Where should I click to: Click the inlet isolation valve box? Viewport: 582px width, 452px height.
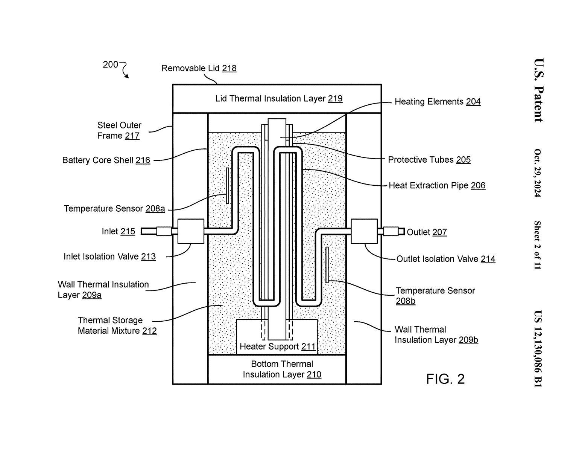(x=191, y=231)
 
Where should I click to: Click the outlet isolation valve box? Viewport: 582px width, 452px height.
(x=364, y=231)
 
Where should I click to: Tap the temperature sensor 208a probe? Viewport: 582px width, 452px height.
(x=228, y=186)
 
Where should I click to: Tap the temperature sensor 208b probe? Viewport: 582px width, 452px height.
(x=327, y=264)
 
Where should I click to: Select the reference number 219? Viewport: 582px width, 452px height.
(x=335, y=99)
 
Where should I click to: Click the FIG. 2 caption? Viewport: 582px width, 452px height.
(x=445, y=379)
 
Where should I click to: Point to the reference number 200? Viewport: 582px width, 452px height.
(x=110, y=65)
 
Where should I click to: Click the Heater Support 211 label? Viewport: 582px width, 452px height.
(x=278, y=347)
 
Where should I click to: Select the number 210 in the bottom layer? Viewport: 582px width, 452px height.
(x=314, y=375)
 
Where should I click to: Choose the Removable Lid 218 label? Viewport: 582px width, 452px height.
(x=199, y=68)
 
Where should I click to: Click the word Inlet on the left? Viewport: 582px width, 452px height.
(x=110, y=231)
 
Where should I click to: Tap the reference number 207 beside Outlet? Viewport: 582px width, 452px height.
(x=439, y=232)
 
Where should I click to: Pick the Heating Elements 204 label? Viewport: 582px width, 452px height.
(x=437, y=102)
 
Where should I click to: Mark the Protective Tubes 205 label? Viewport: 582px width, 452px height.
(x=429, y=160)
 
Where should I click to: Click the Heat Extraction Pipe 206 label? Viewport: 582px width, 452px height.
(x=437, y=185)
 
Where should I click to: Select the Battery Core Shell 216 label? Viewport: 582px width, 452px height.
(x=106, y=160)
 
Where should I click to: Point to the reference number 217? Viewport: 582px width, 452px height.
(x=132, y=136)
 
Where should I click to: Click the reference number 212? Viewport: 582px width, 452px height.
(x=149, y=331)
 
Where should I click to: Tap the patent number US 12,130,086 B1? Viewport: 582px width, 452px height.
(x=538, y=348)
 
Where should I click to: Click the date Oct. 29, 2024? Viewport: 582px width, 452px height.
(x=538, y=173)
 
